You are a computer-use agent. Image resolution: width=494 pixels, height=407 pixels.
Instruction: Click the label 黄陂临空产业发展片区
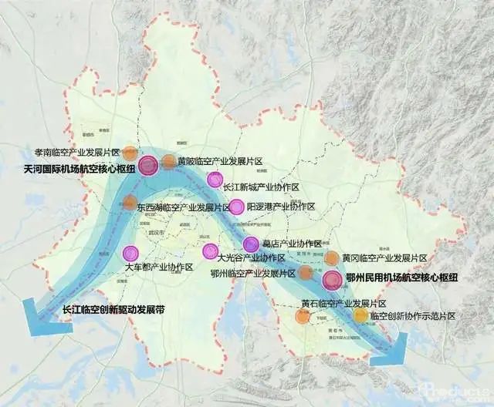tap(220, 162)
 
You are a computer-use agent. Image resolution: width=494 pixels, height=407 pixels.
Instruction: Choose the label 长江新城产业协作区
tap(260, 187)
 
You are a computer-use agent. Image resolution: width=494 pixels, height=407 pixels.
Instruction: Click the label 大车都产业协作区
tap(158, 267)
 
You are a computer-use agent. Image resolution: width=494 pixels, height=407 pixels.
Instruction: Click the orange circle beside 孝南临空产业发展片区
tap(130, 153)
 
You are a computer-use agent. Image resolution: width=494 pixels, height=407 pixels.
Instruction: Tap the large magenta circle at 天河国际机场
tap(148, 164)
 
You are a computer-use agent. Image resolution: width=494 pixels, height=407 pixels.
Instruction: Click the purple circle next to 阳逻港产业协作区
tap(238, 207)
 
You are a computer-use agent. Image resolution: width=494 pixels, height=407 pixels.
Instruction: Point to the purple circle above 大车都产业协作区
tap(130, 252)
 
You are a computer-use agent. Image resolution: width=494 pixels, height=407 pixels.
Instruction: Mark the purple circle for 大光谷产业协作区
tap(209, 251)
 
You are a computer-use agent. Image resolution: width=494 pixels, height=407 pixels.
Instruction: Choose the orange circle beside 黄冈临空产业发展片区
tap(332, 258)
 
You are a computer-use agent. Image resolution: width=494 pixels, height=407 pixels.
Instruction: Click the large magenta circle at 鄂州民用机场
tap(333, 281)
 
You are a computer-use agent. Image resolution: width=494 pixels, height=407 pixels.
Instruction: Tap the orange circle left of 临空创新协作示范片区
tap(360, 314)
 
